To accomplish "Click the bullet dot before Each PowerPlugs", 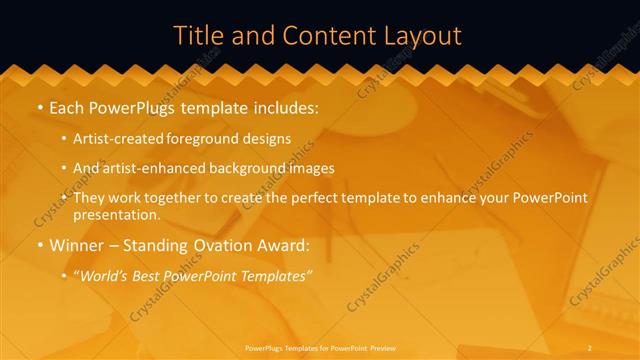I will (39, 106).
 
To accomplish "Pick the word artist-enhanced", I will (147, 168).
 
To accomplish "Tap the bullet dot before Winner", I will (39, 244).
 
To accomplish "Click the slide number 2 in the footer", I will (590, 347).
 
